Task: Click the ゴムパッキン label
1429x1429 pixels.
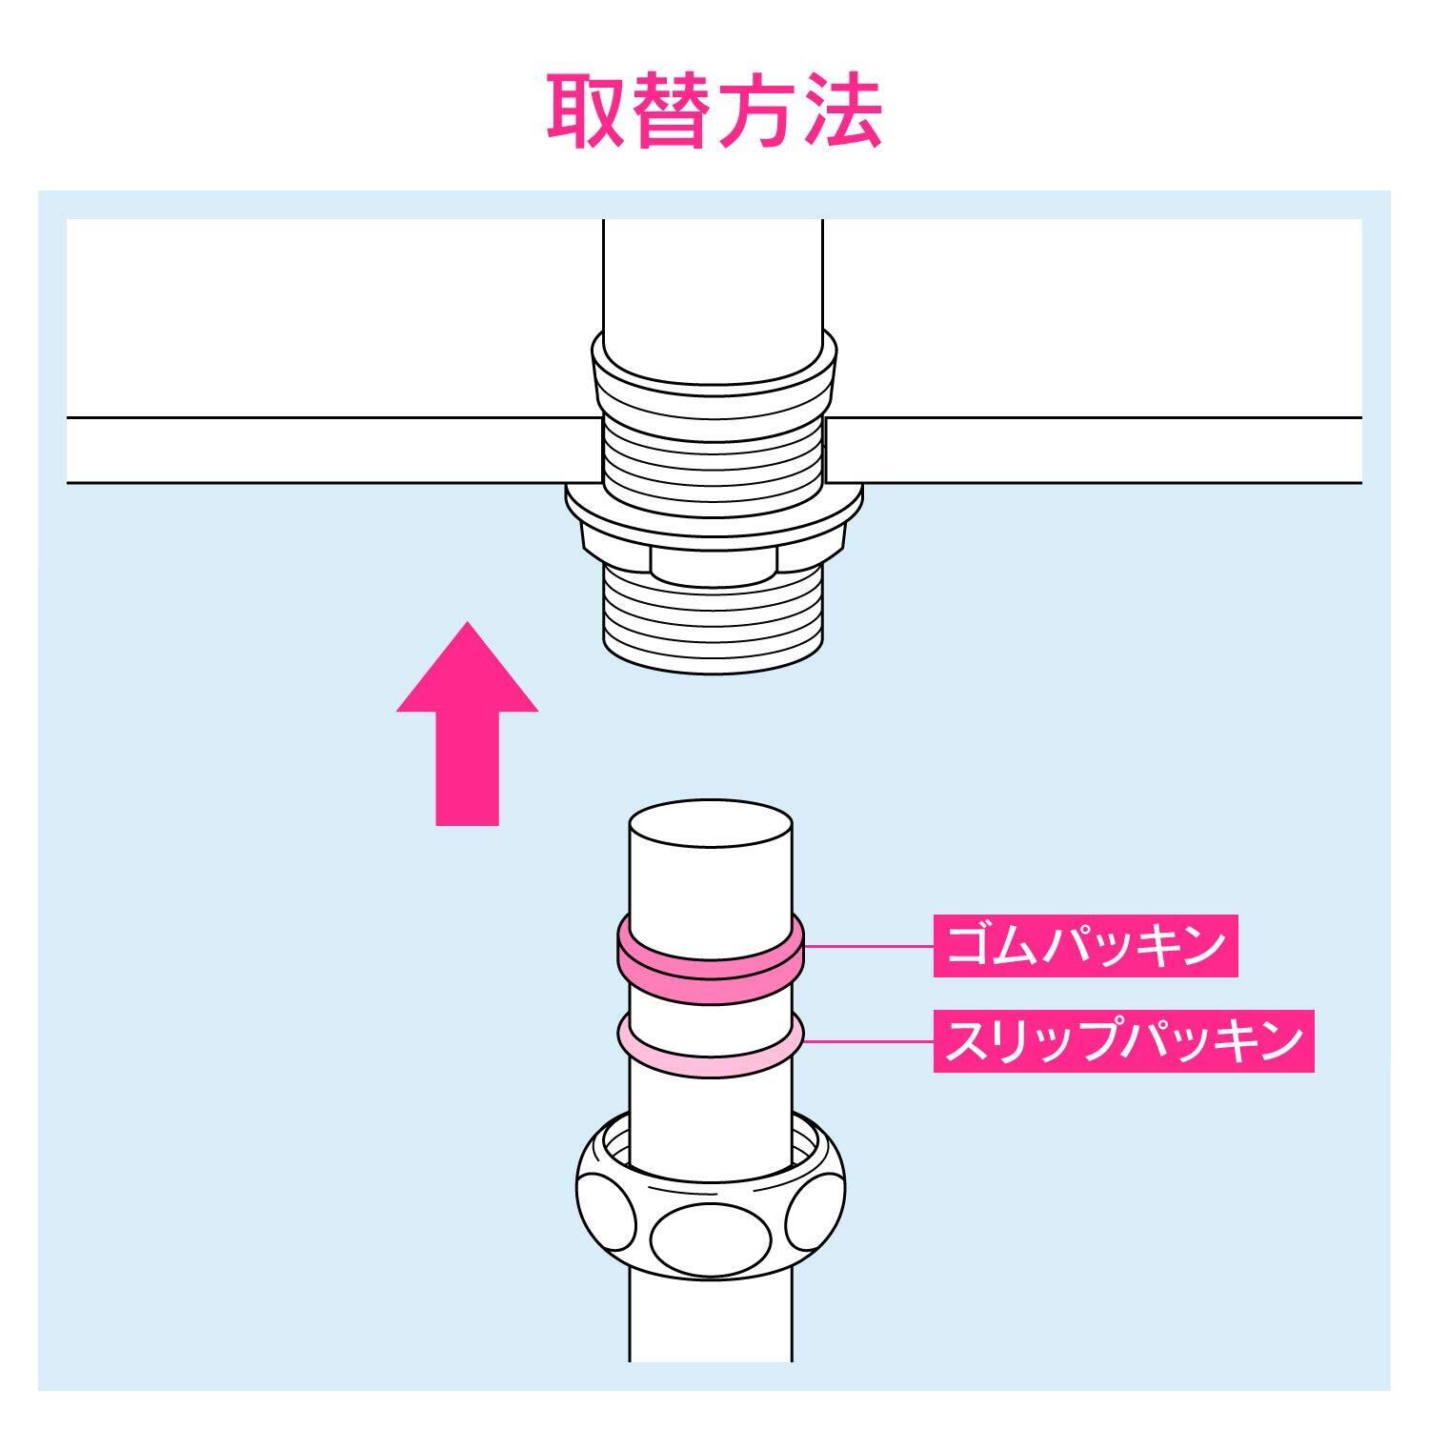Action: pyautogui.click(x=1084, y=945)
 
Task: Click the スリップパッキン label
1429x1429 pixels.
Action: pyautogui.click(x=1122, y=1040)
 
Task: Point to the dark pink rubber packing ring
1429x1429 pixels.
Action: pyautogui.click(x=711, y=972)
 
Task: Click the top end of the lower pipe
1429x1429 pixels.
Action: pyautogui.click(x=711, y=829)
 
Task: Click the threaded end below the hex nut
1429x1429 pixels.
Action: pyautogui.click(x=713, y=619)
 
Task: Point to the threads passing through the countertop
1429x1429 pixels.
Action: pyautogui.click(x=713, y=448)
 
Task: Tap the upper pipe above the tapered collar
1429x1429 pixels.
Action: pyautogui.click(x=713, y=276)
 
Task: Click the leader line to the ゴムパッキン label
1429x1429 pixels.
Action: pyautogui.click(x=867, y=946)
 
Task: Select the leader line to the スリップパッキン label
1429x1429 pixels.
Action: pyautogui.click(x=867, y=1041)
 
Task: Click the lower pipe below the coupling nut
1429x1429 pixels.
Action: pyautogui.click(x=711, y=1324)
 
